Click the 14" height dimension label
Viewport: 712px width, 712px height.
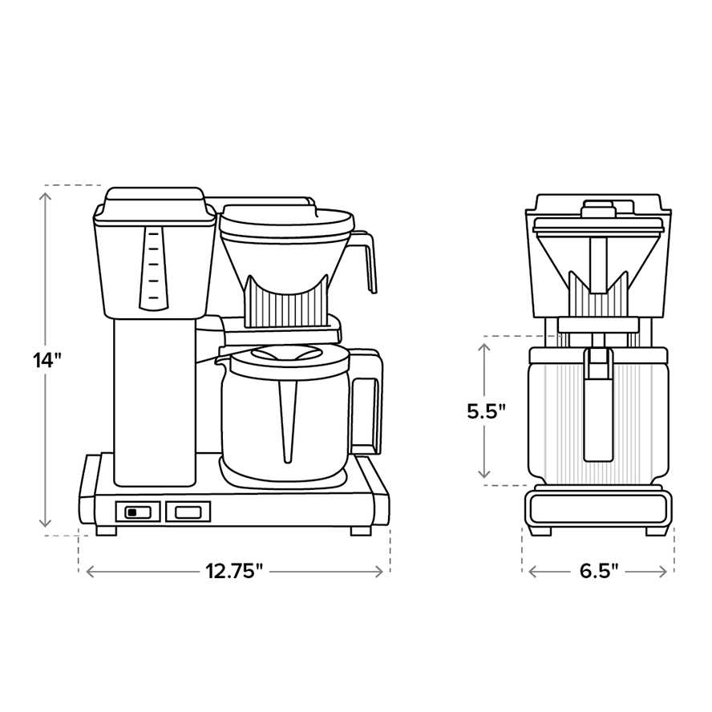[47, 360]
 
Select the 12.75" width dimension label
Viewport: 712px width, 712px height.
[234, 572]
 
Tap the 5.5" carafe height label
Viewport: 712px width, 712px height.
[487, 411]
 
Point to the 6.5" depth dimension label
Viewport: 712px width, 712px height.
[598, 572]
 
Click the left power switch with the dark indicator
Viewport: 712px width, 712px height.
[138, 512]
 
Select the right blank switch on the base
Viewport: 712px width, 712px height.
[188, 512]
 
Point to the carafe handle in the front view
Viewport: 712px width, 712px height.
[598, 409]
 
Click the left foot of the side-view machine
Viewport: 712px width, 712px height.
[107, 530]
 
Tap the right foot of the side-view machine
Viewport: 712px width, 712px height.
[360, 530]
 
